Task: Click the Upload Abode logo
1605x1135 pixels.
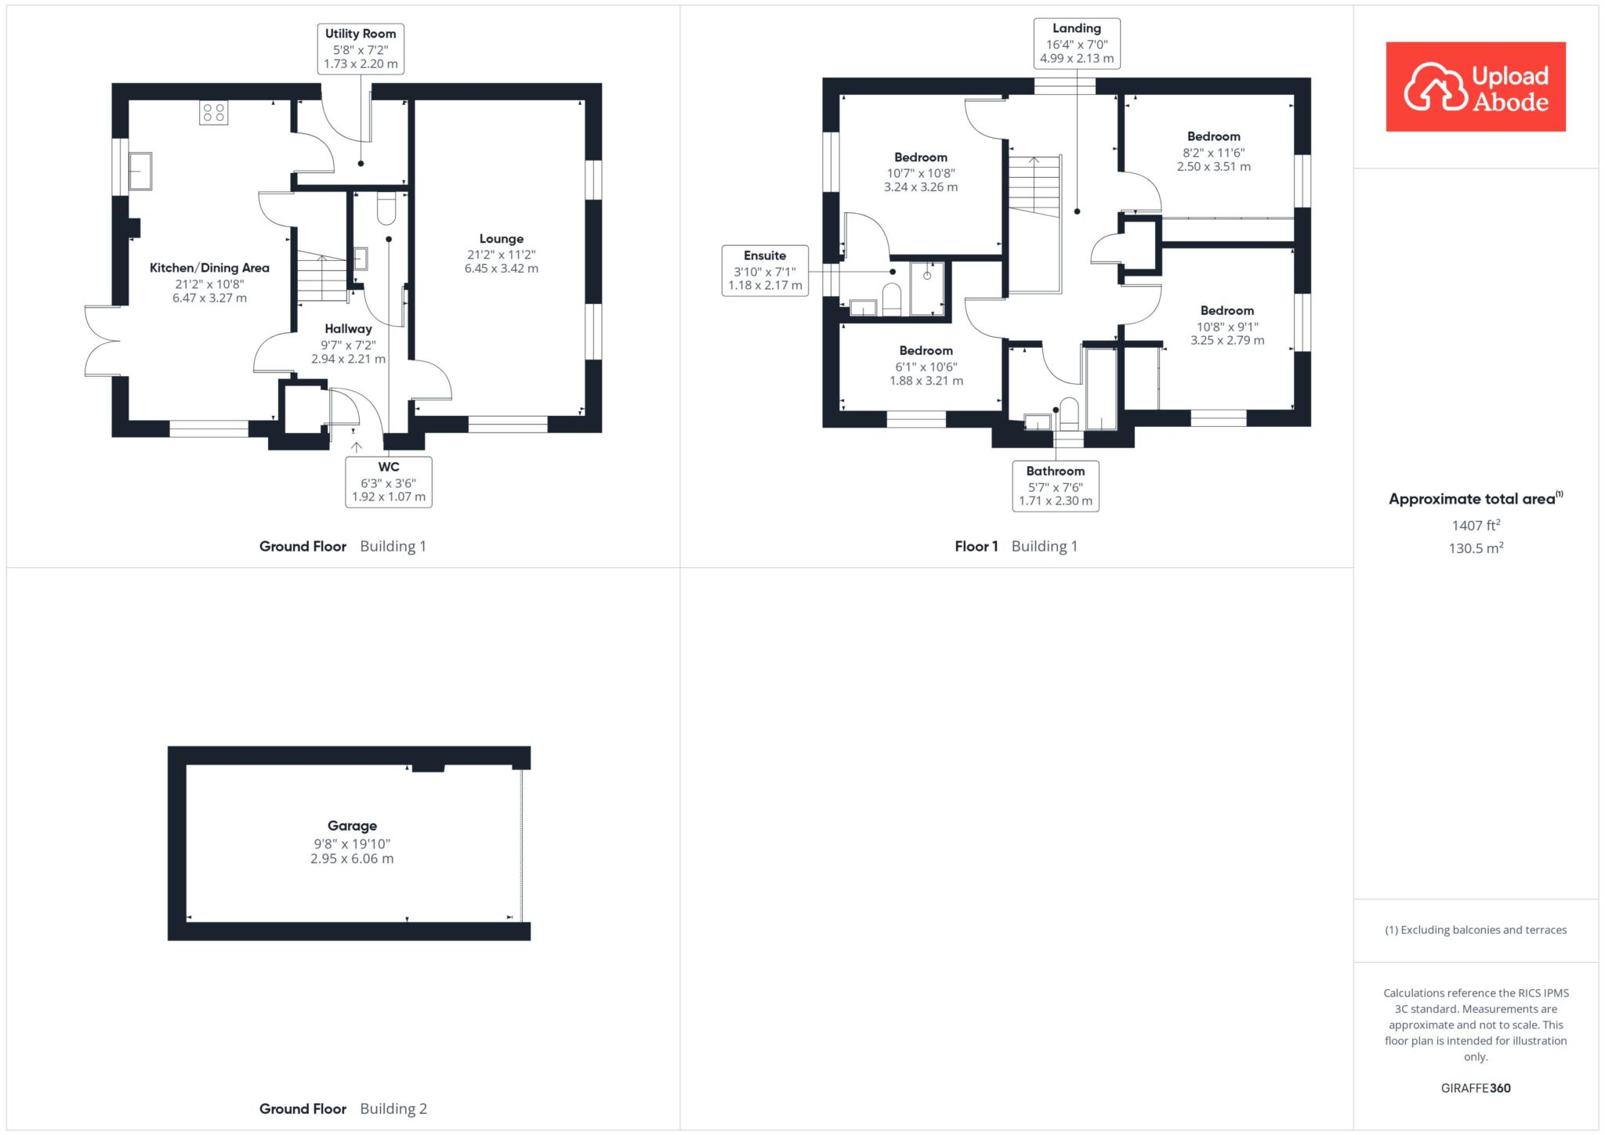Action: click(x=1476, y=86)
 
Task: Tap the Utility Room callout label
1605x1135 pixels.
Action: click(x=360, y=49)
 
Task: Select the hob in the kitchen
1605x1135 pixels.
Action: click(x=214, y=113)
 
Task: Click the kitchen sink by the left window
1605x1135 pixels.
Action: click(x=140, y=172)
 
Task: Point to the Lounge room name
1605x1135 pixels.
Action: click(x=502, y=239)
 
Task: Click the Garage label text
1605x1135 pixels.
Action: click(x=352, y=826)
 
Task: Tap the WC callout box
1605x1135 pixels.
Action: click(x=389, y=482)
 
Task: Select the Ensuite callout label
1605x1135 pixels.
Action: click(x=765, y=270)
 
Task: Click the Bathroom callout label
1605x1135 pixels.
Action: click(x=1056, y=486)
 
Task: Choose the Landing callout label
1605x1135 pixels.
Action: click(x=1077, y=43)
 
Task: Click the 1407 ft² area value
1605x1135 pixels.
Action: click(x=1476, y=526)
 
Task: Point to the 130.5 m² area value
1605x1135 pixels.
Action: click(x=1476, y=548)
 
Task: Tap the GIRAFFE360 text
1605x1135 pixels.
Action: click(x=1476, y=1088)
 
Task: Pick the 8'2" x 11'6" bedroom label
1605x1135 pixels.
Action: click(x=1214, y=151)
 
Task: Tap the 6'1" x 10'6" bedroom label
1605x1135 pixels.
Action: click(x=926, y=366)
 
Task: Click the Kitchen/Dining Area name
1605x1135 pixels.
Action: click(x=209, y=268)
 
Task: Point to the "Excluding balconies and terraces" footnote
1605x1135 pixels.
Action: click(x=1476, y=930)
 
